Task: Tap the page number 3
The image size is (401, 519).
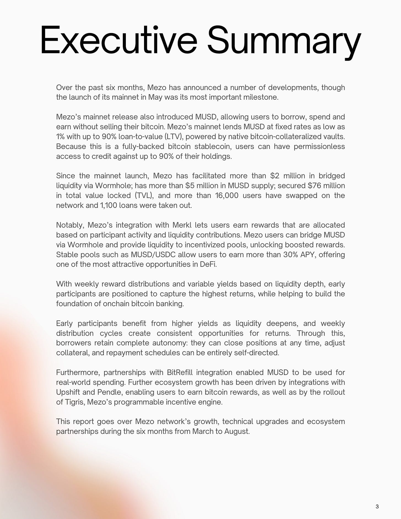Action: [x=377, y=506]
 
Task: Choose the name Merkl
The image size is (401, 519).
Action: [x=182, y=225]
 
